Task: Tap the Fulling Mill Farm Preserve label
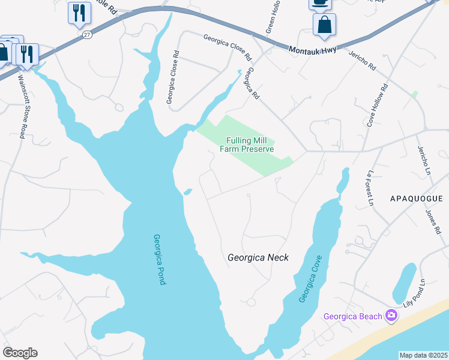coord(250,145)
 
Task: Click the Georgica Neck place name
coord(258,257)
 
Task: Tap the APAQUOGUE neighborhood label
coord(416,199)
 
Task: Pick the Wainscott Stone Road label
coord(21,106)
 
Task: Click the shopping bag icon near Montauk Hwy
coord(324,25)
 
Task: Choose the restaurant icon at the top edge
coord(79,12)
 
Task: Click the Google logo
coord(20,353)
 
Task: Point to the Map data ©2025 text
coord(423,355)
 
